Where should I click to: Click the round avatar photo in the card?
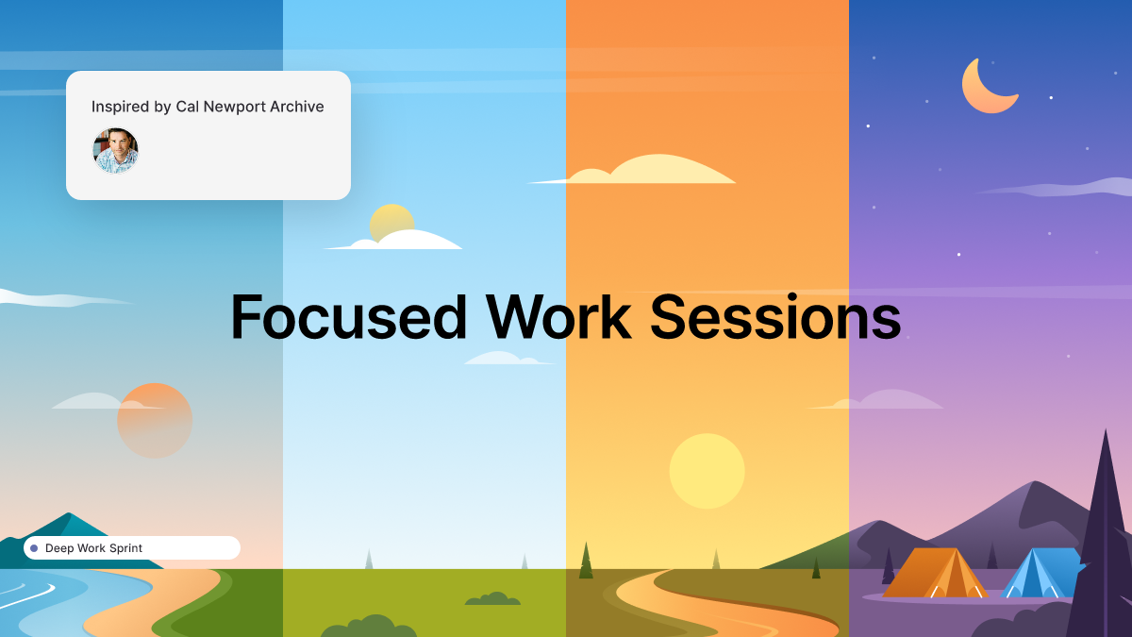116,151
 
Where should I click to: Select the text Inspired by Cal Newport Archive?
208,107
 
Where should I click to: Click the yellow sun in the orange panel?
707,471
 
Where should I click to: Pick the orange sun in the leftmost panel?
155,421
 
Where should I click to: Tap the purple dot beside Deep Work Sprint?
34,548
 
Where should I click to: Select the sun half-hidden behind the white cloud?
391,221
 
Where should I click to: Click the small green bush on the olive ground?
491,598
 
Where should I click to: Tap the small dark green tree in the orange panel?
586,562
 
